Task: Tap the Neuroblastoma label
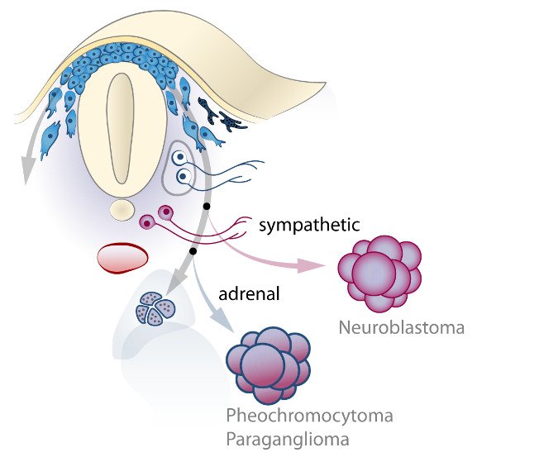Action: pyautogui.click(x=401, y=328)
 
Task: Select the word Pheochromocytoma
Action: pyautogui.click(x=310, y=415)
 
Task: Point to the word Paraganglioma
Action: pyautogui.click(x=288, y=438)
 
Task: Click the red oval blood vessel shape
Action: pyautogui.click(x=122, y=257)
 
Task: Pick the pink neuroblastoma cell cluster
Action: pyautogui.click(x=381, y=271)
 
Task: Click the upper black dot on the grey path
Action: pyautogui.click(x=206, y=204)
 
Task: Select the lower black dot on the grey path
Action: pyautogui.click(x=193, y=250)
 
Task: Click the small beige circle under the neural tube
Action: pyautogui.click(x=122, y=210)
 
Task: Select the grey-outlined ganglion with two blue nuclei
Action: pyautogui.click(x=183, y=168)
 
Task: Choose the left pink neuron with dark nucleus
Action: pyautogui.click(x=148, y=221)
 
